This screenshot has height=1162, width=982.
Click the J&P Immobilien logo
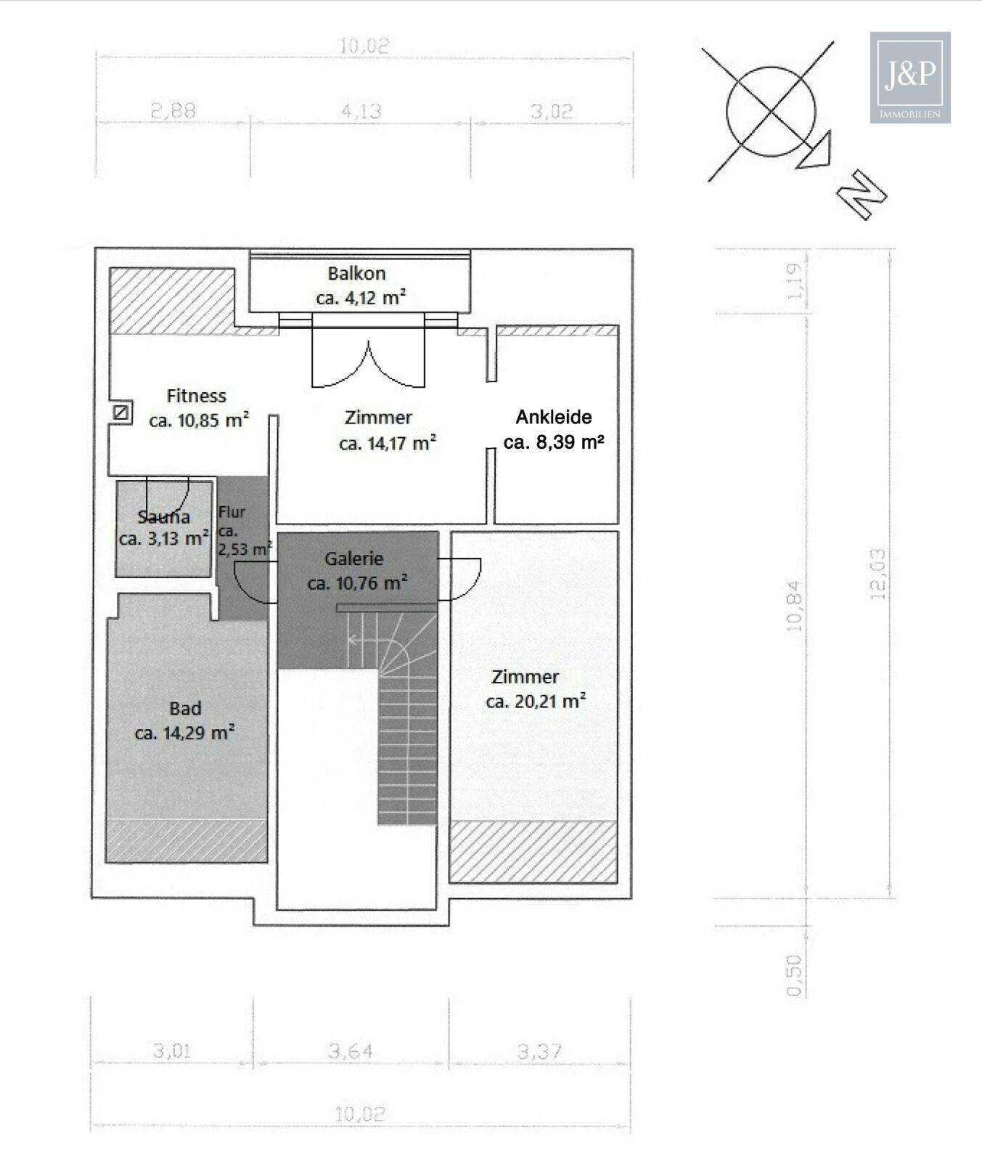(910, 78)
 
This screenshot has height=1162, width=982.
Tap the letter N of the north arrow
(862, 194)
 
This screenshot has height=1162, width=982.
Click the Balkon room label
(356, 274)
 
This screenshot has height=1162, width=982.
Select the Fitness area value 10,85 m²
(199, 420)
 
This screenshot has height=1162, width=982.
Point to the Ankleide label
(554, 417)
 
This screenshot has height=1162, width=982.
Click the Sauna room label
(164, 517)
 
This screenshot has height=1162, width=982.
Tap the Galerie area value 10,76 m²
(357, 583)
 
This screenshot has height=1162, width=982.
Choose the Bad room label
(185, 708)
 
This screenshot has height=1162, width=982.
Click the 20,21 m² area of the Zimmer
(536, 702)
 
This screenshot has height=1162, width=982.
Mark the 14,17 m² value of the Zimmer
(388, 443)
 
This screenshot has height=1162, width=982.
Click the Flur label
(232, 512)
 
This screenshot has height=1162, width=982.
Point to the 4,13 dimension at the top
(361, 111)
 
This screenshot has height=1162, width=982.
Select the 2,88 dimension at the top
(173, 110)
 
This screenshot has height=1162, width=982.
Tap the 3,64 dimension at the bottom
(351, 1051)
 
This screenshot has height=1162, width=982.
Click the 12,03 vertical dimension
(877, 574)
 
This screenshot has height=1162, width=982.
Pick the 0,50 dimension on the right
(794, 975)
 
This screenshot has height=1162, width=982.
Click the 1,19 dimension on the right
(795, 281)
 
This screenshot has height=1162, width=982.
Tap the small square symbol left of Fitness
(122, 413)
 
